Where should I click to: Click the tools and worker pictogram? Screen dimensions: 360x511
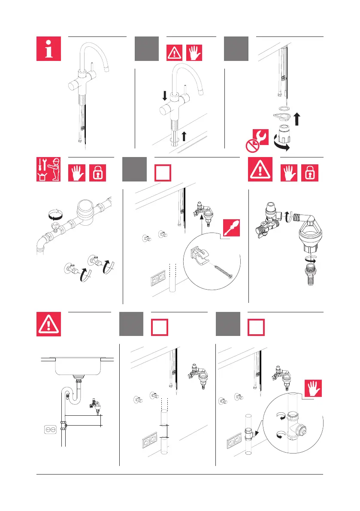[x=48, y=169]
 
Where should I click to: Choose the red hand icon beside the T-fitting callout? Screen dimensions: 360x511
[x=313, y=388]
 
